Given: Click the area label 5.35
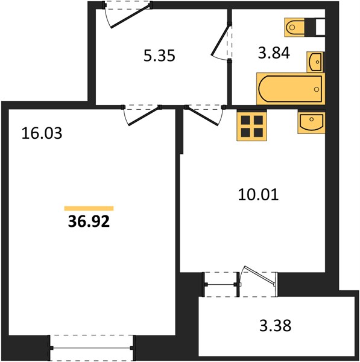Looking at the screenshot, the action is tap(159, 56).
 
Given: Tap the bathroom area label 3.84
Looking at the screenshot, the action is tap(274, 53).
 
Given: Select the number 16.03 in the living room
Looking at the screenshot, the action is tap(42, 133).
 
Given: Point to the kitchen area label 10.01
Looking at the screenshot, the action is tap(258, 195).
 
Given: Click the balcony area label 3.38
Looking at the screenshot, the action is tap(276, 326).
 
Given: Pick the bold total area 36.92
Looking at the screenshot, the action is tap(89, 221).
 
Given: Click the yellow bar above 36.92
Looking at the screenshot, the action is tap(89, 209).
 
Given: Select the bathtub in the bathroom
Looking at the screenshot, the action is tap(291, 89).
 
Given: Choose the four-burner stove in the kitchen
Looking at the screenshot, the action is tap(252, 126).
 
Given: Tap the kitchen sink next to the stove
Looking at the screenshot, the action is tap(311, 122).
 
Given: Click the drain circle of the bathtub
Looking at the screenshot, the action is tap(317, 89).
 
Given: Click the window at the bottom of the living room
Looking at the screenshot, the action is tap(91, 348).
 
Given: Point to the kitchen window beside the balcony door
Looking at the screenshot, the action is tap(221, 284).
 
